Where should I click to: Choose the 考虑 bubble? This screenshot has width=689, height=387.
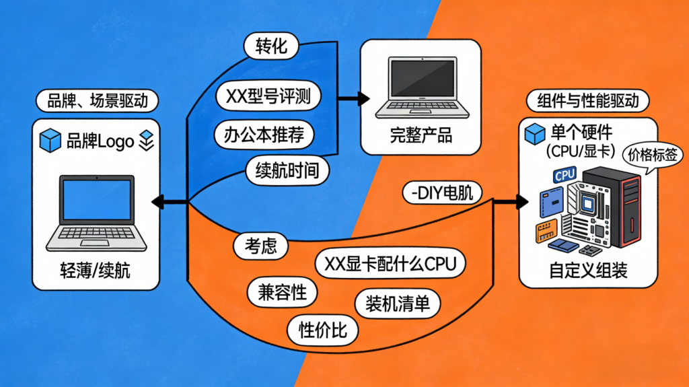[259, 246]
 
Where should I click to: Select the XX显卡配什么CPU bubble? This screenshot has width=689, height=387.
[390, 263]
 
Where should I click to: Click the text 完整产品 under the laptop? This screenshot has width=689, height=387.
[421, 135]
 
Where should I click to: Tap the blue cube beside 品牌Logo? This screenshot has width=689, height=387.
[50, 141]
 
